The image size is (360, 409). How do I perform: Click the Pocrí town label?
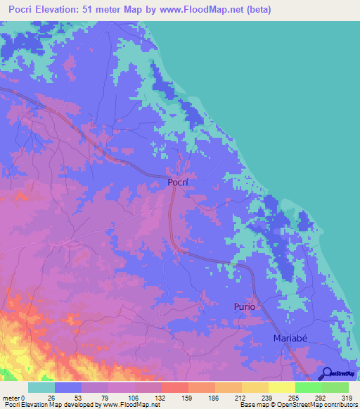coord(179,182)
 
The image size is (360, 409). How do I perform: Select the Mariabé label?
coord(290,339)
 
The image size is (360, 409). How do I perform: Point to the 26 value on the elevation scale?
coord(50,397)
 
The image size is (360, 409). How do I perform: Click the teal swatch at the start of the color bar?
coord(41,387)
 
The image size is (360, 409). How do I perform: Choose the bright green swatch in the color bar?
coord(308,387)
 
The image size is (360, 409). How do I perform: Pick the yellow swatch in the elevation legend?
coord(281,387)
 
